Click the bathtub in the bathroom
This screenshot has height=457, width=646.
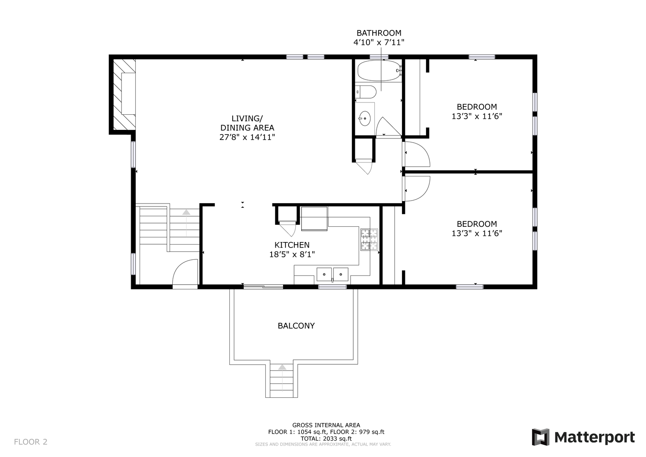[379, 70]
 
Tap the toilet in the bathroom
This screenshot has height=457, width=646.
[366, 92]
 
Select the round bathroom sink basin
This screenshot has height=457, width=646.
[365, 118]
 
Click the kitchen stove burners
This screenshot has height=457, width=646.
[369, 239]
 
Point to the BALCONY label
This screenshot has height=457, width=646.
[296, 326]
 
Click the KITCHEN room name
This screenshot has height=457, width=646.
[292, 245]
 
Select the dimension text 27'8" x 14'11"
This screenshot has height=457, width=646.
[247, 137]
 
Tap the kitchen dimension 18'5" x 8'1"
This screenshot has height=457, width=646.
[292, 254]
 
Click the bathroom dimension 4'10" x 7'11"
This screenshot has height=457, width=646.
[379, 42]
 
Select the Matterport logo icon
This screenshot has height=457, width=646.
[540, 437]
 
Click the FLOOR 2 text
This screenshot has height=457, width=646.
[30, 442]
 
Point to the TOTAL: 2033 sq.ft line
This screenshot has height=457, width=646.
[326, 439]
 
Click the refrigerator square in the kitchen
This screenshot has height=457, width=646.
[314, 219]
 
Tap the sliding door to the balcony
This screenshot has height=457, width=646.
[263, 286]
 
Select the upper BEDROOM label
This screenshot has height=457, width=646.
[477, 107]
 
